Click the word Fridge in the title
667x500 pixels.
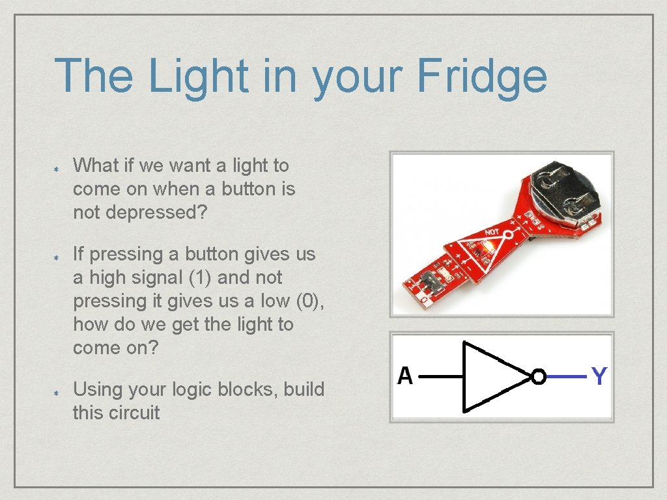[481, 76]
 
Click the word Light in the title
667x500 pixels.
[198, 76]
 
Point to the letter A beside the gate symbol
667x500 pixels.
[405, 376]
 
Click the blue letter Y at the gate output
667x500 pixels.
[599, 376]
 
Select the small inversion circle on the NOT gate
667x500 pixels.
[539, 377]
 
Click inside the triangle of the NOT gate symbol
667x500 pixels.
[489, 377]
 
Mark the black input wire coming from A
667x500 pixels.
[440, 376]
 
